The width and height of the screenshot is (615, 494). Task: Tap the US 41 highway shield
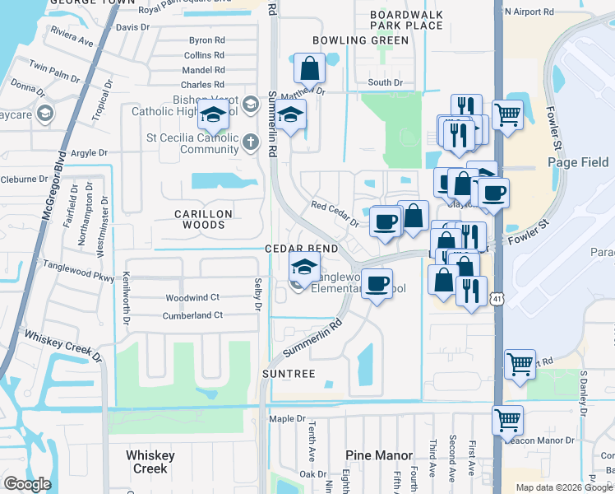point(497,301)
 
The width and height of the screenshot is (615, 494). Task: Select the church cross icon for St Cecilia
point(250,143)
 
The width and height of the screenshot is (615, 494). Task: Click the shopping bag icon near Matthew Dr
point(309,67)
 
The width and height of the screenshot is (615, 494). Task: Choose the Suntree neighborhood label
point(288,374)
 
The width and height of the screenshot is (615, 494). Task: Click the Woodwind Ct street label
point(192,297)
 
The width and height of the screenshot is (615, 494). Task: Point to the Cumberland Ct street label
point(194,315)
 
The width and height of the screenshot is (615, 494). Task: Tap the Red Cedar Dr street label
point(335,214)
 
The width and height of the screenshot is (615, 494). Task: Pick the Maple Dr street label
point(287,419)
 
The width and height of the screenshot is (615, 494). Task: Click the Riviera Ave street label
point(72,37)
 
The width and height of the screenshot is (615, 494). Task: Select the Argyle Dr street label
point(90,153)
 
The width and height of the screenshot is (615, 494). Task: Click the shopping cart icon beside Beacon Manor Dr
point(508,419)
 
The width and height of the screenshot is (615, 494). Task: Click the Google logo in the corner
point(28,483)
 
